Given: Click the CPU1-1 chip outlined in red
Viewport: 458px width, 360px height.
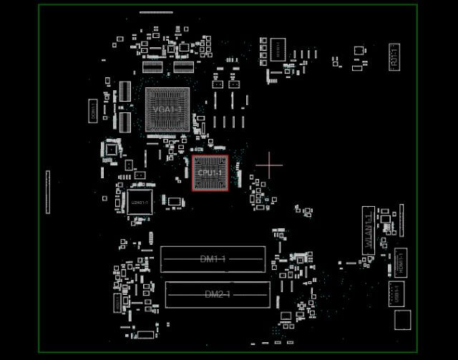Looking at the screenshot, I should pos(210,173).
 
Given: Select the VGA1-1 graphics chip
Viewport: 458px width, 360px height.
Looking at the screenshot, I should pos(168,110).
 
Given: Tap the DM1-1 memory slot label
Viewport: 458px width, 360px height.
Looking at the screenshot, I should pos(213,259).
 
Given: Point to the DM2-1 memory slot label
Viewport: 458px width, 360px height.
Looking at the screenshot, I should pos(218,294).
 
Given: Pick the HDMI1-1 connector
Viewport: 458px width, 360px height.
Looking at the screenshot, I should pos(401,262).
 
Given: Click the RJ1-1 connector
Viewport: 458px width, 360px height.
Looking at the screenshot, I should pos(394,56).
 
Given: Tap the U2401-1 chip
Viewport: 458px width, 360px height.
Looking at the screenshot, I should pos(140,202).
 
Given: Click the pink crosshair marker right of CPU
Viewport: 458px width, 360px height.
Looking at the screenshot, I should pos(269,165).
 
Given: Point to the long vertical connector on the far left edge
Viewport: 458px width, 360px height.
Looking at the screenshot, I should pos(48,192).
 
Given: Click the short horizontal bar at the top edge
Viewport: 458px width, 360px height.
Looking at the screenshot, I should pos(156,12).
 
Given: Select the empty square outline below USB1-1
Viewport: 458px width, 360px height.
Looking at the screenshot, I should pos(402,320).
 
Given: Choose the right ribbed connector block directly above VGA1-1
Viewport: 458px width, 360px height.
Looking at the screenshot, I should pos(183,68).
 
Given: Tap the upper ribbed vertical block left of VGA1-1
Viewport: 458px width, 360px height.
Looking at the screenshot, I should pos(125,91).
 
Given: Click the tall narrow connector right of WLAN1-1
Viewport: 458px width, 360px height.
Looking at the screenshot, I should pos(401,220).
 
